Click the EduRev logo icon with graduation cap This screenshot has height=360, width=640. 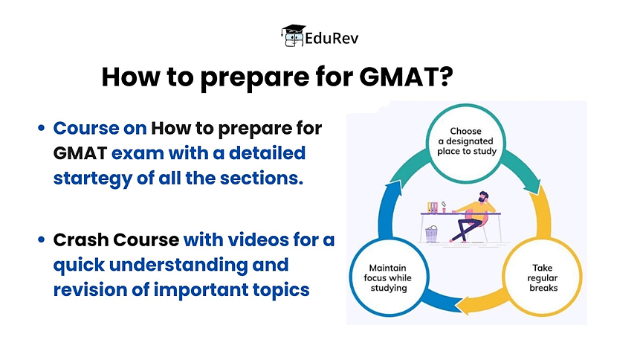pos(293,36)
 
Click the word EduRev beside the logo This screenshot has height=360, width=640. pos(332,39)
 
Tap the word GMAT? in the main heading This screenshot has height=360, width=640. pos(406,77)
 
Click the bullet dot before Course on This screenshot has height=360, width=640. pos(41,129)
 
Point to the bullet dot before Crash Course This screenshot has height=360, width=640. pos(41,240)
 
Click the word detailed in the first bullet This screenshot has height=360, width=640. pos(268,153)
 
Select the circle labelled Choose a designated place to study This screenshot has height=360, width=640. pos(466,143)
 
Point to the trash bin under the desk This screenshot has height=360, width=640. pos(431,234)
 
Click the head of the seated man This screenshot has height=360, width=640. pos(484,197)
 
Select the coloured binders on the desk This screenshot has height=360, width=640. pos(433,208)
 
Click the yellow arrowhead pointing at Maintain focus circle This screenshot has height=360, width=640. pos(465,306)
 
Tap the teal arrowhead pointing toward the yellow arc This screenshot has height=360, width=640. pos(533,187)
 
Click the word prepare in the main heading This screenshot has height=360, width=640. pos(255,77)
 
